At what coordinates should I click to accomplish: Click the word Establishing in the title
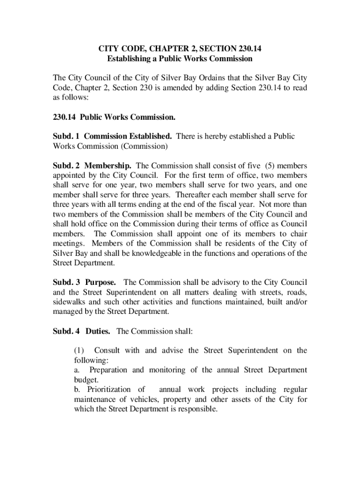pos(127,59)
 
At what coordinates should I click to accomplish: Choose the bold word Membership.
pos(108,166)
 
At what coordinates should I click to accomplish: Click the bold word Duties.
pos(98,331)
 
